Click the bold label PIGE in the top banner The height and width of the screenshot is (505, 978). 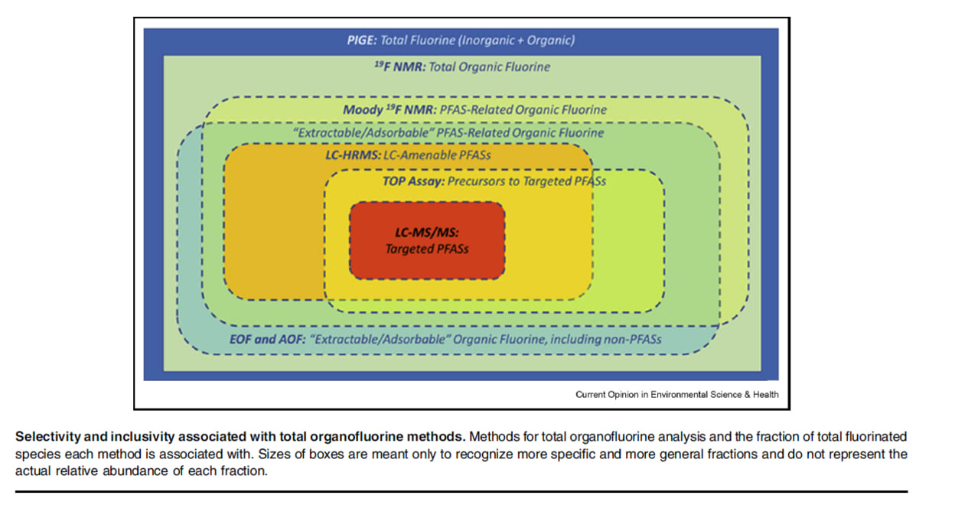point(361,41)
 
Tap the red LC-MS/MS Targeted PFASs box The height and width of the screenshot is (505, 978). point(427,240)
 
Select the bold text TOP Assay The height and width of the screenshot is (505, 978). point(413,181)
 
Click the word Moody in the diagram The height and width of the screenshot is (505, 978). point(363,109)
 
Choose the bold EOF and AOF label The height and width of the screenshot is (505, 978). point(268,339)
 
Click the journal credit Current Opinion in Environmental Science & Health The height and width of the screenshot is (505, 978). point(676,395)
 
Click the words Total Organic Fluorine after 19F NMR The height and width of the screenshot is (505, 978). point(490,67)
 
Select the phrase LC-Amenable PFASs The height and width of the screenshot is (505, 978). point(437,155)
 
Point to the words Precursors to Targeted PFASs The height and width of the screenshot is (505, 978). point(526,181)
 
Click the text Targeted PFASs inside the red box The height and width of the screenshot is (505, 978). point(427,249)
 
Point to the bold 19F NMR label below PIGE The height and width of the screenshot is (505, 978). point(400,67)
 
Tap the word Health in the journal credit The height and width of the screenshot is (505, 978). point(765,395)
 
